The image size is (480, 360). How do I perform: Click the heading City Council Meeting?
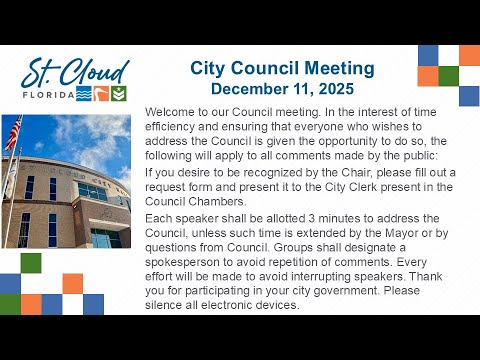[x=282, y=69]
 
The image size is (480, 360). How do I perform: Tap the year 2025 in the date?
[x=336, y=89]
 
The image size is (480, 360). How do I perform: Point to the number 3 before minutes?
[x=311, y=219]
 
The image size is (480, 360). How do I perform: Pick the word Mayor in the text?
[x=401, y=233]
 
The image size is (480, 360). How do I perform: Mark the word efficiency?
[x=170, y=127]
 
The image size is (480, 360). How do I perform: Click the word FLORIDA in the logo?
[x=49, y=95]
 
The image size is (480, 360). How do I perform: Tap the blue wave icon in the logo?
[x=84, y=94]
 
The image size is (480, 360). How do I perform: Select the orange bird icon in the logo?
[x=101, y=94]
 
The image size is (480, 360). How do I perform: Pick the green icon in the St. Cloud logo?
[x=118, y=94]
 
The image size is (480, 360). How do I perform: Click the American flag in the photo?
[x=14, y=132]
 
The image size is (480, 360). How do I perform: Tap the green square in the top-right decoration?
[x=449, y=76]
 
